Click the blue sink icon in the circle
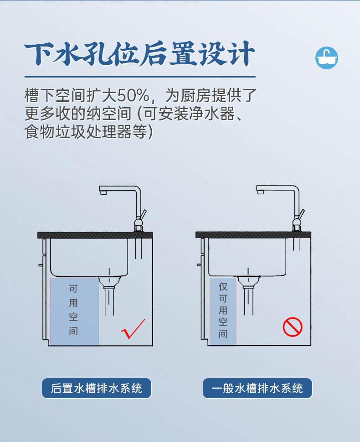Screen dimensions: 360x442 326,58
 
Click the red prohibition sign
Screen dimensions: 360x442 293,327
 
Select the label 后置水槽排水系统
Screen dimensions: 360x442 97,388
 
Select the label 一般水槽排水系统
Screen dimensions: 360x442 257,388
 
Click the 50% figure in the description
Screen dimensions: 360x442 133,95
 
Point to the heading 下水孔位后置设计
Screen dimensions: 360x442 140,54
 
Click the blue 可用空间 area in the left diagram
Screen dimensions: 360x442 74,312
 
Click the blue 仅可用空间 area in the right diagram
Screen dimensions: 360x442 223,311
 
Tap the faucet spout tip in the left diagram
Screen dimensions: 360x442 103,192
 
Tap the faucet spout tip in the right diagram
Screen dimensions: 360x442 261,192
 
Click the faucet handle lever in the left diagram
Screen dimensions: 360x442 144,214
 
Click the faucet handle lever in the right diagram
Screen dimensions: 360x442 301,213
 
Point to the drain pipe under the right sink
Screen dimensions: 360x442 248,300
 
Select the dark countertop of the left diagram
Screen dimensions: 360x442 95,235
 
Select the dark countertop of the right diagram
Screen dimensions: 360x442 253,235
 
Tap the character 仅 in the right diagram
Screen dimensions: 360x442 223,286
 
